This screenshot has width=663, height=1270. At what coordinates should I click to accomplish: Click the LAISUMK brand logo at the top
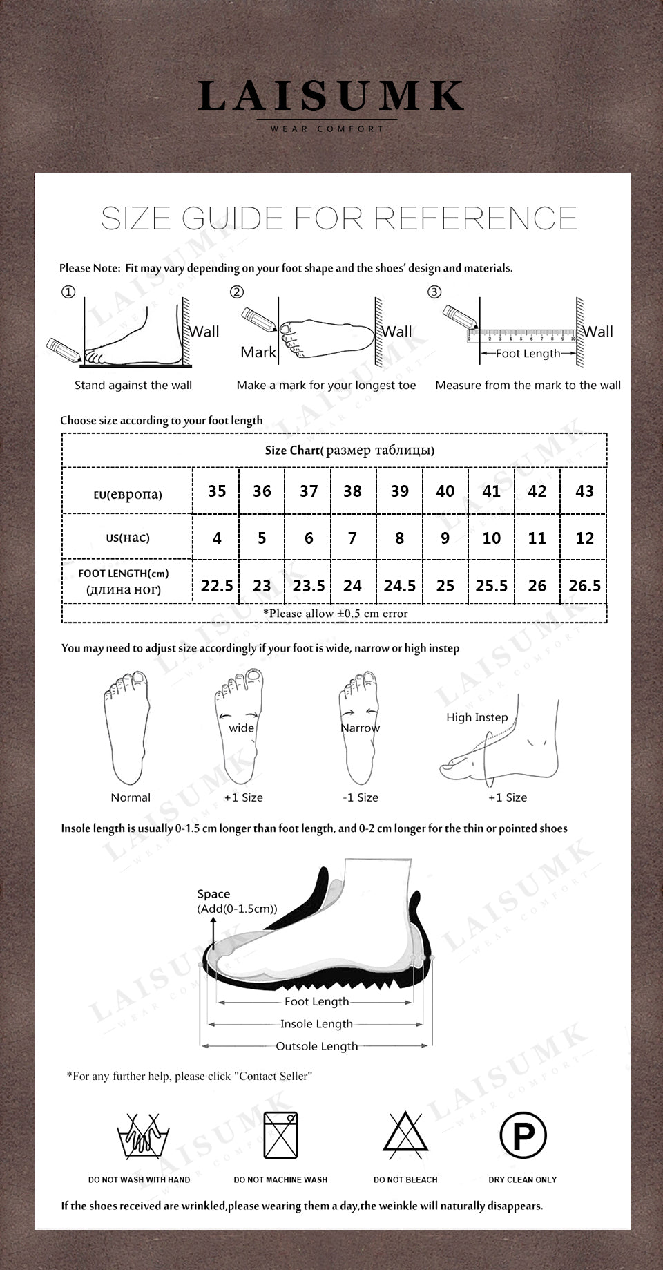click(x=331, y=97)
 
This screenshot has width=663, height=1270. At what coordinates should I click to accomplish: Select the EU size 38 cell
click(x=353, y=491)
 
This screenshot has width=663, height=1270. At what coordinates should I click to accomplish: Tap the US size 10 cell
click(x=491, y=538)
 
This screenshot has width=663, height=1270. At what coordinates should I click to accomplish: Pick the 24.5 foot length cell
click(x=399, y=586)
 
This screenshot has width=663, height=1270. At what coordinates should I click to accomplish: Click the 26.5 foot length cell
click(x=584, y=586)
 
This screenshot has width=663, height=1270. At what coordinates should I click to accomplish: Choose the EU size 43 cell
click(x=584, y=491)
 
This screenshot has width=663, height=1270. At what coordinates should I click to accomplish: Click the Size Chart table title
click(x=349, y=451)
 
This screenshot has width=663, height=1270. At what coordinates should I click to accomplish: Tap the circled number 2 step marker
click(x=237, y=292)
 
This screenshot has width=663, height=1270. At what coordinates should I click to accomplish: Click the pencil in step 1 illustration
click(x=64, y=350)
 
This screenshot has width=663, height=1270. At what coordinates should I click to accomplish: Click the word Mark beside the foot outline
click(x=258, y=352)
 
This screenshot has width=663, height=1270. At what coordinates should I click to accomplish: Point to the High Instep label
click(x=477, y=717)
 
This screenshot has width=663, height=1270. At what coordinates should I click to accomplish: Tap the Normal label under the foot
click(x=131, y=797)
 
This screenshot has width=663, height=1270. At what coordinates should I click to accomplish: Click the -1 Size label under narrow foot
click(x=361, y=797)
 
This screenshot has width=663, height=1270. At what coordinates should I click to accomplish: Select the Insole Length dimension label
click(x=316, y=1024)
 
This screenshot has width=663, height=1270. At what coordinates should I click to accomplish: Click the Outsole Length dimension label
click(x=316, y=1046)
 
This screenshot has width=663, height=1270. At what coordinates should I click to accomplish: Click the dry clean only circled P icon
click(x=523, y=1135)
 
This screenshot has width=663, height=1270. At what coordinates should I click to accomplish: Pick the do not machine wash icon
click(x=280, y=1135)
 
